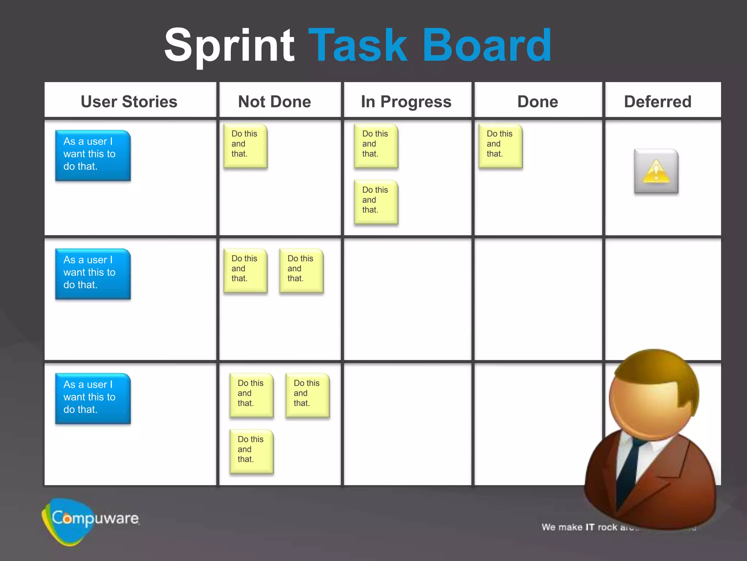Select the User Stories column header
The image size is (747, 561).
[129, 101]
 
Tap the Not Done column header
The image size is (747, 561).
[274, 101]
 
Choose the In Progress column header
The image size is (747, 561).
[406, 101]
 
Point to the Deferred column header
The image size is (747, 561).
[657, 101]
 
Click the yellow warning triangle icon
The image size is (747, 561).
[656, 171]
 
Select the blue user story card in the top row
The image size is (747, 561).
[93, 155]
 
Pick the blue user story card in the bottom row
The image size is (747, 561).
[93, 398]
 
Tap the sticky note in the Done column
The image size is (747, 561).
[500, 145]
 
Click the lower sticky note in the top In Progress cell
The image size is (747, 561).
[376, 201]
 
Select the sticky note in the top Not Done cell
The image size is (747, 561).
[245, 145]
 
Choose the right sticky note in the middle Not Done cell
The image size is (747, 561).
[301, 270]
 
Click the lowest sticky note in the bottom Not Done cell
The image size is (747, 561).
[251, 451]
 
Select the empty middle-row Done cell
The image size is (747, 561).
[538, 299]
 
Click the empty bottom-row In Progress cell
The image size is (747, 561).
[407, 424]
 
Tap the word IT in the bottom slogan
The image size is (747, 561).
[590, 527]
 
